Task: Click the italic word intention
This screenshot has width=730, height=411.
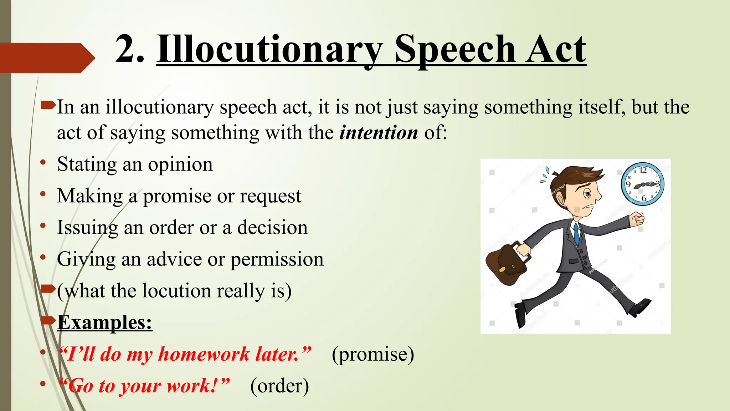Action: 379,133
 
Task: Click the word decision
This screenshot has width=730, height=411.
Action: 272,228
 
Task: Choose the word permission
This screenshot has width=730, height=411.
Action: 277,259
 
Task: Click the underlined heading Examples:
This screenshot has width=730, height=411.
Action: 105,323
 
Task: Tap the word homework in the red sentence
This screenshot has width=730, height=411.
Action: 204,354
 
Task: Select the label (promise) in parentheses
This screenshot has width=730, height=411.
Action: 373,354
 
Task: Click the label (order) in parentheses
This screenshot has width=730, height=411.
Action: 279,386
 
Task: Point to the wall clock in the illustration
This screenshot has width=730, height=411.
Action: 643,184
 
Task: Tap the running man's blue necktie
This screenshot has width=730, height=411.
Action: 576,234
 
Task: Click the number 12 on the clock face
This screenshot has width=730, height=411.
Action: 643,171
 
